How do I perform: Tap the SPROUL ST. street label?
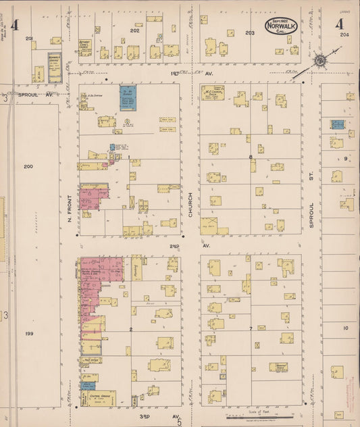(312, 213)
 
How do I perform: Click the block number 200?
(28, 166)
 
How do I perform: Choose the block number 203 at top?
(250, 32)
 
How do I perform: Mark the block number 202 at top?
(134, 30)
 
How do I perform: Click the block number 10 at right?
(344, 328)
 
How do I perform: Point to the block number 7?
(250, 328)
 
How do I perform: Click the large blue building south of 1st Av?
(128, 98)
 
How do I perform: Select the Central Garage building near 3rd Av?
(102, 397)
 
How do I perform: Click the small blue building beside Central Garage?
(88, 385)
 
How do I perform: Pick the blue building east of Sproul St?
(337, 124)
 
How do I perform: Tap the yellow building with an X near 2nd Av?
(211, 226)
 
